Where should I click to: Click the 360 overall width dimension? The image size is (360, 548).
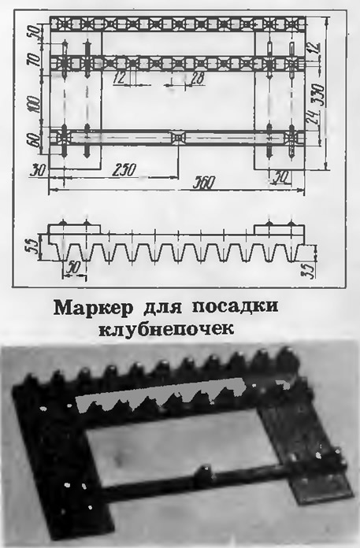(x=205, y=183)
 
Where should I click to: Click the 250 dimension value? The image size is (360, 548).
(x=124, y=169)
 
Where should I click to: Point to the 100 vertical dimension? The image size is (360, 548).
(x=35, y=104)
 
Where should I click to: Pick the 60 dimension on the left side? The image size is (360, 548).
(x=35, y=140)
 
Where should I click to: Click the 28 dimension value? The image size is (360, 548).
(x=198, y=79)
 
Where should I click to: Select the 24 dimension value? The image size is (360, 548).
(x=312, y=117)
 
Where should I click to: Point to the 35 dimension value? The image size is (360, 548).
(x=310, y=268)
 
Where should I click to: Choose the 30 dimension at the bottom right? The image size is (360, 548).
(x=282, y=177)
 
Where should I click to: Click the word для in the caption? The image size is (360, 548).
(x=164, y=309)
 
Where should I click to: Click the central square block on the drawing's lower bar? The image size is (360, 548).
(x=178, y=137)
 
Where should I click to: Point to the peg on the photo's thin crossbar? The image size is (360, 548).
(x=202, y=473)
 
